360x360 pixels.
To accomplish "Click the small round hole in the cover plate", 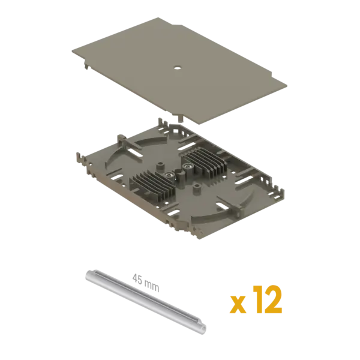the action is (177, 68).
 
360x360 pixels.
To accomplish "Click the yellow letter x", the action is (238, 304).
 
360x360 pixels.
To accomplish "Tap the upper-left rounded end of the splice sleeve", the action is (89, 274).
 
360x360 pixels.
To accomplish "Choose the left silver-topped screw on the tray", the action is (168, 176).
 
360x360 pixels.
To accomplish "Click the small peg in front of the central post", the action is (196, 189).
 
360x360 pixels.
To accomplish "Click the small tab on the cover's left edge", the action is (86, 66).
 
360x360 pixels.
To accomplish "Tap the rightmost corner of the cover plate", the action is (287, 85).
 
